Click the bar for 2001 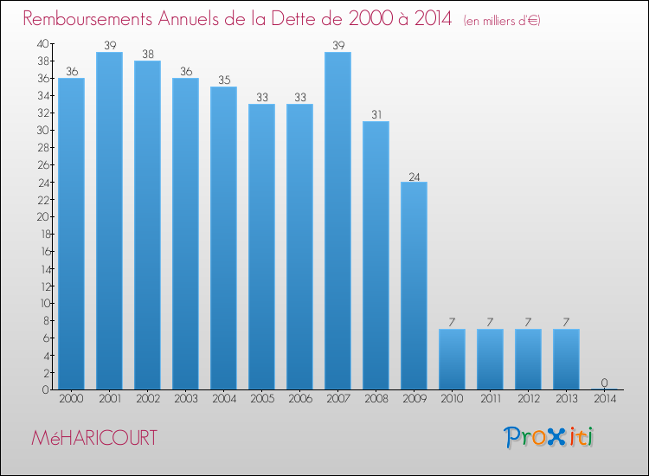[x=109, y=221]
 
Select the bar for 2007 [x=337, y=221]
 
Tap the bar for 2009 [x=414, y=286]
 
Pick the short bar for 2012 [x=528, y=359]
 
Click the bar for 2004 [x=223, y=238]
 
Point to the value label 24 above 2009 [x=414, y=176]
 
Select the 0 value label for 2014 [x=604, y=383]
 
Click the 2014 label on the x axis [x=604, y=399]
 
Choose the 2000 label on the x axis [x=71, y=399]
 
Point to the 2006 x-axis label [x=299, y=399]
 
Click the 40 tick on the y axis [x=42, y=43]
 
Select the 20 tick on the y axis [x=42, y=216]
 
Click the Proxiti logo [x=549, y=437]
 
